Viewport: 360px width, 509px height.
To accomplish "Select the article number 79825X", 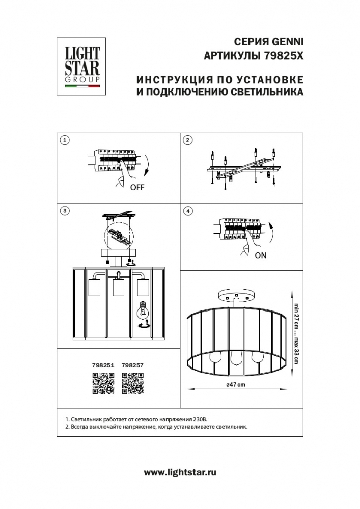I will point(284,57).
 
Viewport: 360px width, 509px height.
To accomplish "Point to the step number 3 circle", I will point(64,210).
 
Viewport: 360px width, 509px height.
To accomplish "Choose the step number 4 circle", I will point(187,210).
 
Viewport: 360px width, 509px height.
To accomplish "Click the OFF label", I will point(137,187).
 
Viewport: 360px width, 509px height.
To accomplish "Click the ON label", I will point(260,256).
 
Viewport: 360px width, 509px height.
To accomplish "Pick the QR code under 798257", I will point(132,383).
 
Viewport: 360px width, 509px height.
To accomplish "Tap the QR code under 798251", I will point(102,383).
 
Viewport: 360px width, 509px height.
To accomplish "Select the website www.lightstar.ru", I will point(180,472).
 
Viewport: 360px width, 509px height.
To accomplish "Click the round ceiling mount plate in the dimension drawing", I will point(234,296).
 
